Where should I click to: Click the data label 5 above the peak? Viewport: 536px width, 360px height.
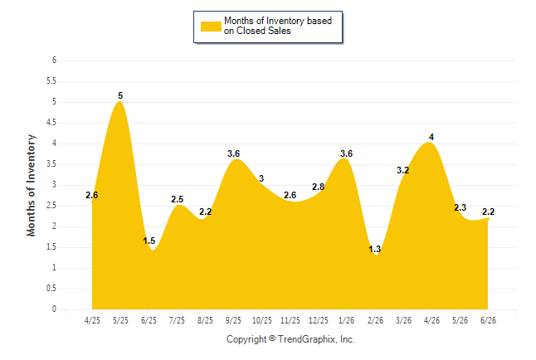point(120,95)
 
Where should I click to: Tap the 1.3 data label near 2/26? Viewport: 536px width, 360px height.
point(375,249)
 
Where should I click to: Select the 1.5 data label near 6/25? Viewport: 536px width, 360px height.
point(149,241)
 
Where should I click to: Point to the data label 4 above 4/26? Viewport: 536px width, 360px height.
point(431,137)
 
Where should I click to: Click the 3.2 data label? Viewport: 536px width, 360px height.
point(402,170)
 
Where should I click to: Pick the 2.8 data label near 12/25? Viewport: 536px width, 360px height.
point(319,187)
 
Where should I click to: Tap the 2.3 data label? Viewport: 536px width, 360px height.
point(460,207)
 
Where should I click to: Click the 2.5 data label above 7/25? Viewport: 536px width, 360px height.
point(177,199)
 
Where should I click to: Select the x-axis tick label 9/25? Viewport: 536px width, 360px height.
point(233,320)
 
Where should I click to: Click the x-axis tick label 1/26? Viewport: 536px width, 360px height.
point(347,320)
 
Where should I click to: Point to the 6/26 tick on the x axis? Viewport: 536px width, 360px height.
point(488,320)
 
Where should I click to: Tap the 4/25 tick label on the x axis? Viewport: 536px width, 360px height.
point(92,320)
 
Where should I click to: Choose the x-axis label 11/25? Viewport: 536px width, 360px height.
point(290,320)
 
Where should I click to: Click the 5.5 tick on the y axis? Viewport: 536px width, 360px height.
point(51,81)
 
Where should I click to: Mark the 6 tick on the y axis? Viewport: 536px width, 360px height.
point(54,61)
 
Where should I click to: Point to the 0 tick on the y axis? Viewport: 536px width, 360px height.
point(54,309)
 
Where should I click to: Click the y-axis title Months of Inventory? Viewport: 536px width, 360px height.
point(31,185)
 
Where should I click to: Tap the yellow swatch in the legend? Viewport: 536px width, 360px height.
point(211,27)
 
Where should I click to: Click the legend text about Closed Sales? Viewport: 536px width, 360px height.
point(278,26)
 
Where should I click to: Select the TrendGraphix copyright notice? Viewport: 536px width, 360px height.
point(290,339)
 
